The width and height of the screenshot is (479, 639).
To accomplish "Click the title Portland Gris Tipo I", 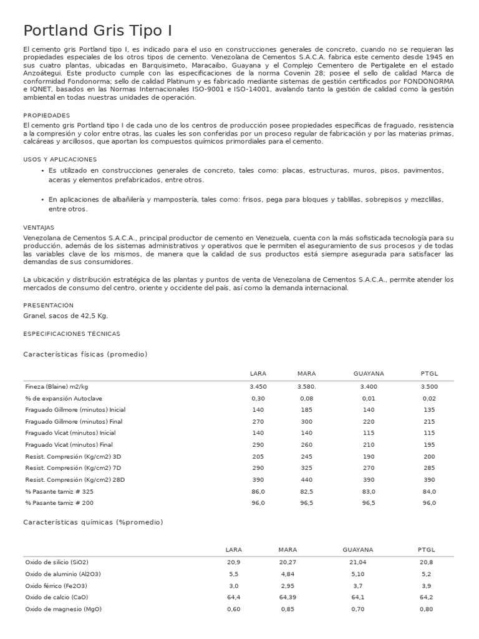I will [x=98, y=31].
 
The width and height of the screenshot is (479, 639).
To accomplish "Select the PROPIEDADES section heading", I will [x=47, y=115].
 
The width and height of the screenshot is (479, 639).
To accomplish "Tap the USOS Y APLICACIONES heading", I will [x=60, y=159].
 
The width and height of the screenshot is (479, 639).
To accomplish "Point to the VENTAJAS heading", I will [x=39, y=228].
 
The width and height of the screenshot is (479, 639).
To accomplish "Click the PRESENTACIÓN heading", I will [x=48, y=305].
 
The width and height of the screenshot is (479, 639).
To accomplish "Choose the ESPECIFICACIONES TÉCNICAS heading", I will [x=72, y=334].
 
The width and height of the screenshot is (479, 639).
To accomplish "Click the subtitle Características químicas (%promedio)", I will [x=93, y=522].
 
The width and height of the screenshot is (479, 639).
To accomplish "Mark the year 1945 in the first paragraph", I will [x=443, y=57].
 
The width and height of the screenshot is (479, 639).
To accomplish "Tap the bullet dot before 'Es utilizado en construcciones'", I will [x=42, y=170].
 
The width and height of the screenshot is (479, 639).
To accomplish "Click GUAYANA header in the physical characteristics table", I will [x=369, y=373].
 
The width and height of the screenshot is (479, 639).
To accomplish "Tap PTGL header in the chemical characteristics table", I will [x=426, y=550].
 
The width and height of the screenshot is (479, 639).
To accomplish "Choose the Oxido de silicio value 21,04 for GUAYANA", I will [x=357, y=562].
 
